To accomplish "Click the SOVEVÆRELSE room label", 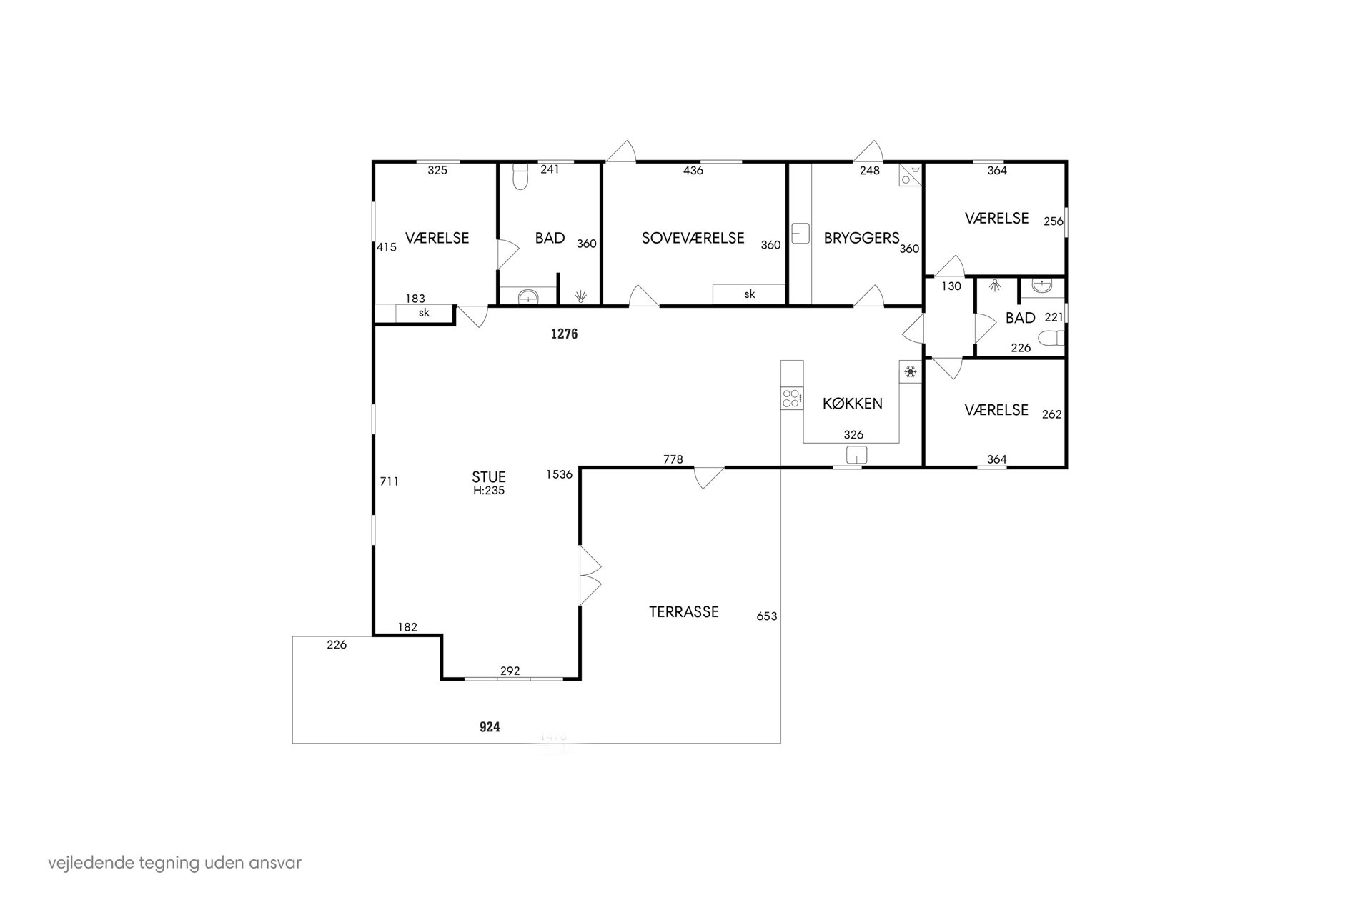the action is (693, 238).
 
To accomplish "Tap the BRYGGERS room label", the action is (861, 238).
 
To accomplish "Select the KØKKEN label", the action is (852, 404).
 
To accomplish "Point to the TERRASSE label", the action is (683, 612).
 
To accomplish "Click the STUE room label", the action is (489, 476).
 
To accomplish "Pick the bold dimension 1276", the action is (564, 334).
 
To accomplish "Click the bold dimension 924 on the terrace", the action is (490, 727).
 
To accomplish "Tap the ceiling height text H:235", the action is (489, 491).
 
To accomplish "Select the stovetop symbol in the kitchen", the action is (791, 397).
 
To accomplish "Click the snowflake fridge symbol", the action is (911, 371).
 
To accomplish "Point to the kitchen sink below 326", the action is (856, 455).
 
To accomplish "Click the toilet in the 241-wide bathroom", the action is (520, 176).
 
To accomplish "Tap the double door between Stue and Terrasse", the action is (590, 576).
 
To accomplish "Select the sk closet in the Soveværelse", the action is (749, 294).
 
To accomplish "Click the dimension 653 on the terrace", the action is (766, 616).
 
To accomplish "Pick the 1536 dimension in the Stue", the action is (560, 474).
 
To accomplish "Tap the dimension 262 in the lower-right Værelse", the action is (1051, 414).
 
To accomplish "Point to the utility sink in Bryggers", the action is (801, 234).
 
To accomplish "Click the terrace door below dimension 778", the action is (709, 478).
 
